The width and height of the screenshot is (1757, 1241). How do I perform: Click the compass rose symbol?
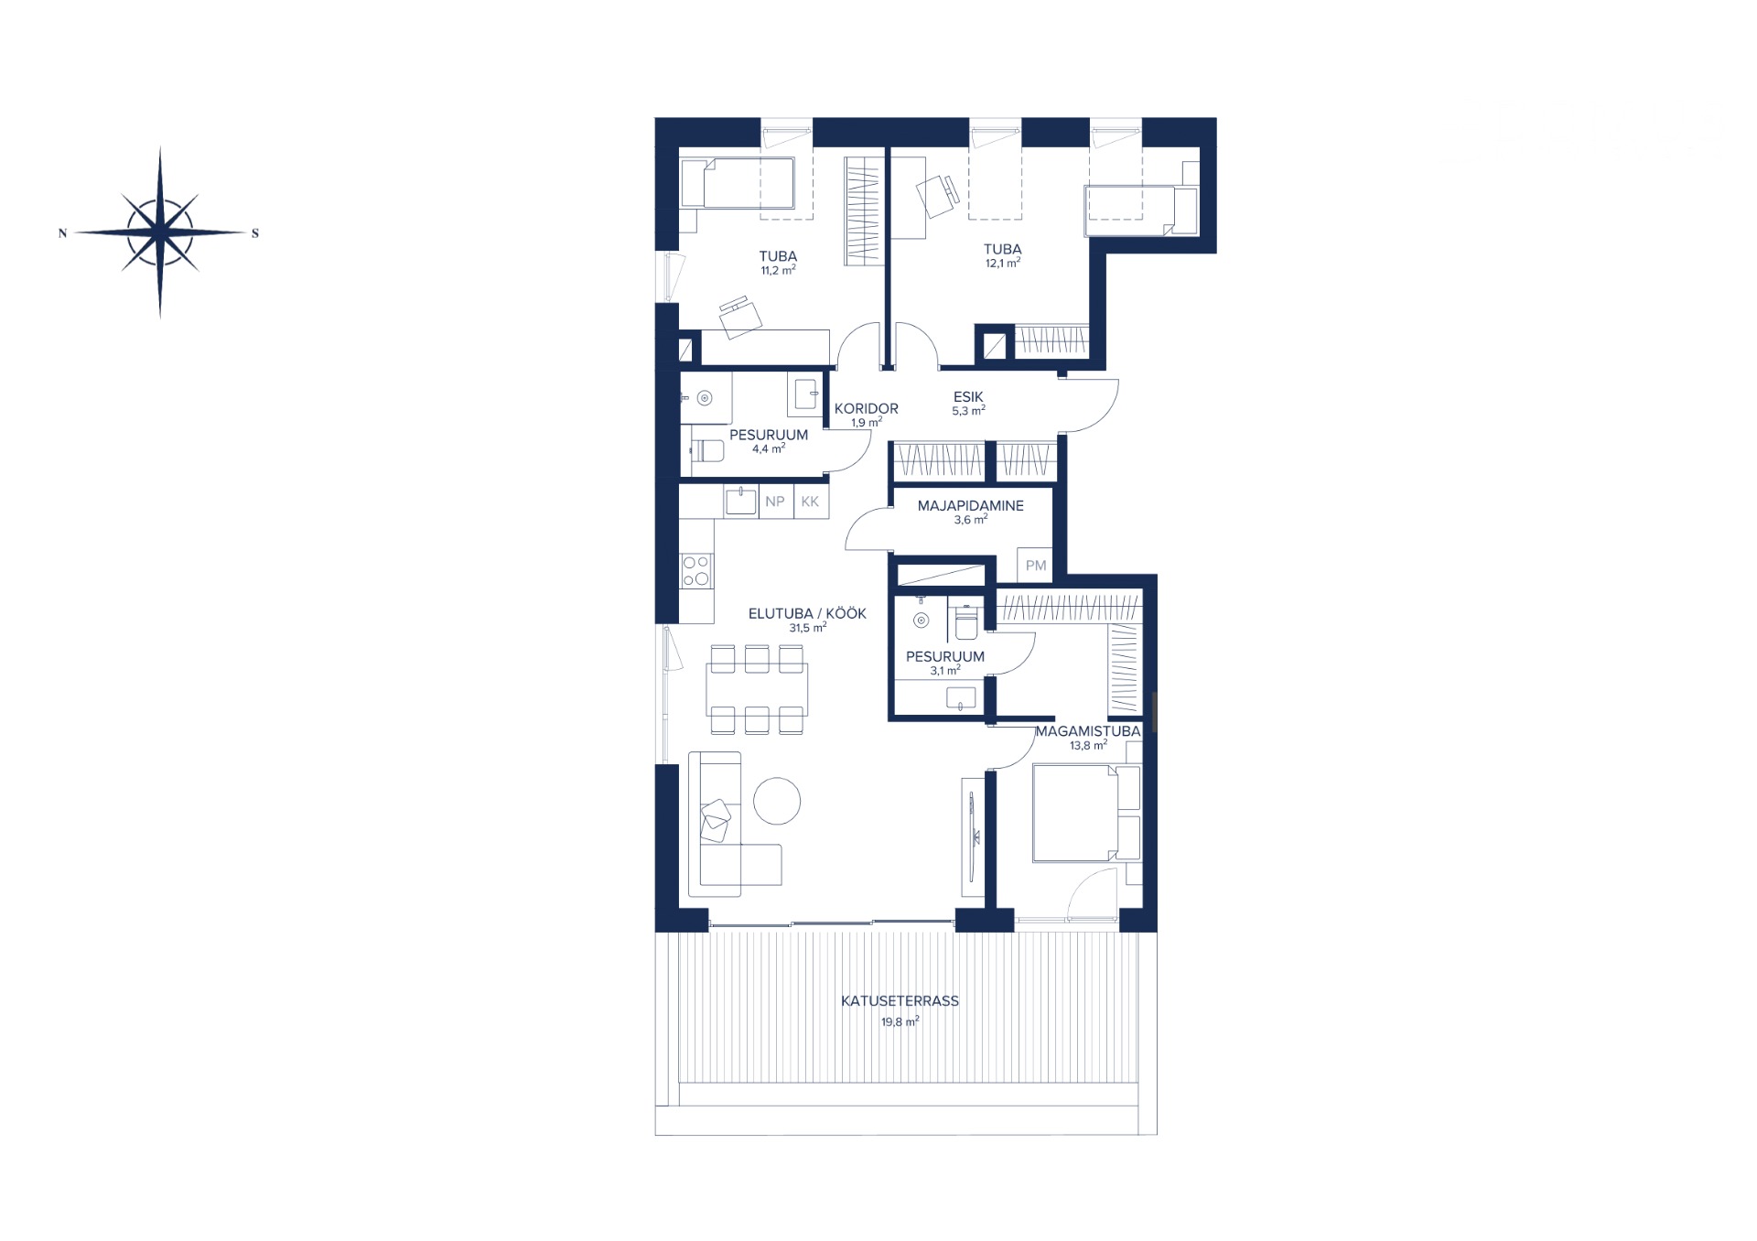click(160, 232)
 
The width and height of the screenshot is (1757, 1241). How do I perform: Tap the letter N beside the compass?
click(62, 233)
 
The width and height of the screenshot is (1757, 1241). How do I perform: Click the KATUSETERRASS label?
click(900, 1001)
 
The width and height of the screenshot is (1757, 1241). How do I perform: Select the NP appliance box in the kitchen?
click(775, 502)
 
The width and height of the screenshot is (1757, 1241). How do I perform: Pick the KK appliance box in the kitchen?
click(810, 502)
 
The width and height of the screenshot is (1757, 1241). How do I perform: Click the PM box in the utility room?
click(1035, 566)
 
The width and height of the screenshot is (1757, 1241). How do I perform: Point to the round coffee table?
click(777, 801)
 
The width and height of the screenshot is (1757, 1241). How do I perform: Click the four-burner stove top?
click(696, 571)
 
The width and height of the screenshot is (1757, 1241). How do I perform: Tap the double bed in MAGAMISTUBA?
click(1087, 814)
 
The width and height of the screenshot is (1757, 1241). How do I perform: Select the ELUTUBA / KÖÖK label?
click(807, 614)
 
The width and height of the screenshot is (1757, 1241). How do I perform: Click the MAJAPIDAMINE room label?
click(971, 506)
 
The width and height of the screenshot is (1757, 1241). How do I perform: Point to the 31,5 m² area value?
click(807, 629)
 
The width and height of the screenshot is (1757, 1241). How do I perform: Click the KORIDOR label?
click(866, 409)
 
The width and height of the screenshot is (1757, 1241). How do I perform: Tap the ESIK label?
click(968, 397)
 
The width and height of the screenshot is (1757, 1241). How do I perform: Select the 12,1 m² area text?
click(1002, 264)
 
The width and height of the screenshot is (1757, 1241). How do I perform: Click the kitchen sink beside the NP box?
click(741, 502)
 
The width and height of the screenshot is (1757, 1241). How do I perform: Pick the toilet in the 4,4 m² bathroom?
click(707, 451)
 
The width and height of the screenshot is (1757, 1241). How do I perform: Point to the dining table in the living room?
click(757, 689)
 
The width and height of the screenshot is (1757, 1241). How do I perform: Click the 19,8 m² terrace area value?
click(900, 1021)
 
